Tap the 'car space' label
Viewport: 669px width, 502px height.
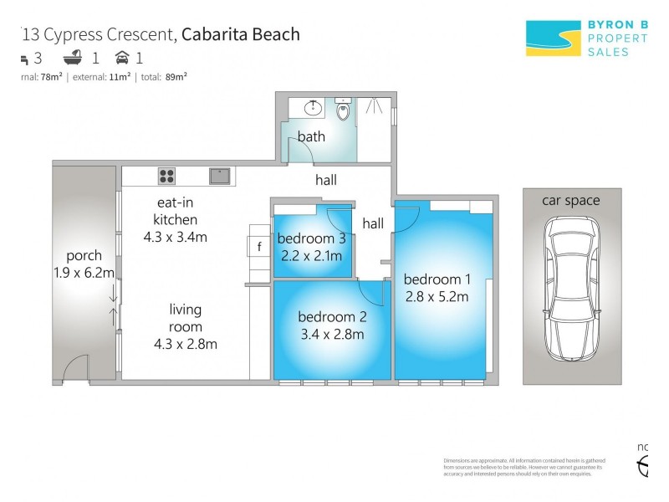coord(571,200)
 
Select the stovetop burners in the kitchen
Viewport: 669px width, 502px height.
coord(166,176)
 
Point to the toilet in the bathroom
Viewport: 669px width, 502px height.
coord(342,110)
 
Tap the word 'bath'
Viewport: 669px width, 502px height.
coord(311,136)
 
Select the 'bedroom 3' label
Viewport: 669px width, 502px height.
coord(310,238)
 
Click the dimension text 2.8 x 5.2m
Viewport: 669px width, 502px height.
coord(436,296)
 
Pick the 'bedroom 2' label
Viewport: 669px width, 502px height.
coord(332,317)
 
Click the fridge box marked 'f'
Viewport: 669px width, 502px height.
coord(259,246)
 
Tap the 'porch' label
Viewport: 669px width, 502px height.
coord(84,255)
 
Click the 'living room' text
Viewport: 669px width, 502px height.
coord(185,317)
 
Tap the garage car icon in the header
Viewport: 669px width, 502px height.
coord(122,58)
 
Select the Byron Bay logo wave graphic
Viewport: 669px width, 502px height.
coord(553,38)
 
